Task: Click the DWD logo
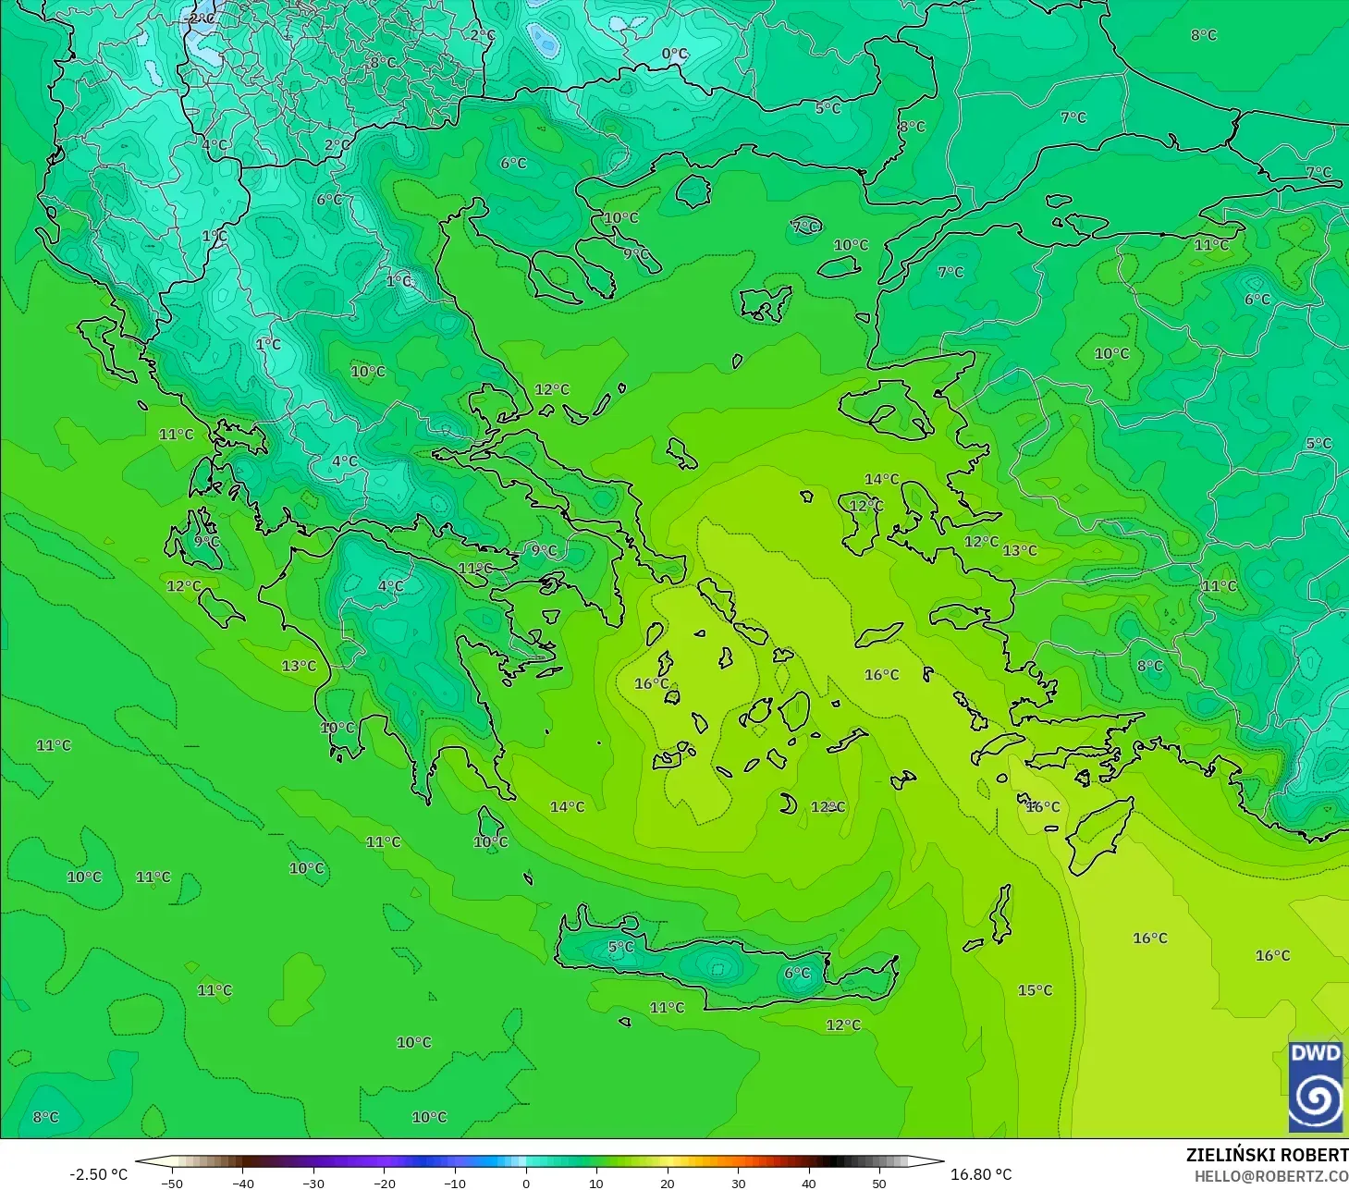(1316, 1086)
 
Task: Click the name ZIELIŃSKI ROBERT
(1267, 1155)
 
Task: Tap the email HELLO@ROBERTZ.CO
(1270, 1176)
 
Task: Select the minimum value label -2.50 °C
(98, 1174)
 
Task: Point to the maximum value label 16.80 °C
(981, 1174)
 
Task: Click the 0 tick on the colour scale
(525, 1183)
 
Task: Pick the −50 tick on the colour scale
(171, 1183)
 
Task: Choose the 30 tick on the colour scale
(738, 1183)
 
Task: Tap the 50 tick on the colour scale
(879, 1183)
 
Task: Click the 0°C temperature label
(675, 55)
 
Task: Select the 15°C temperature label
(1035, 990)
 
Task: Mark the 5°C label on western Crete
(621, 947)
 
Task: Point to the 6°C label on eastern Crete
(797, 973)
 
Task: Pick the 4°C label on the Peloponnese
(391, 586)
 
